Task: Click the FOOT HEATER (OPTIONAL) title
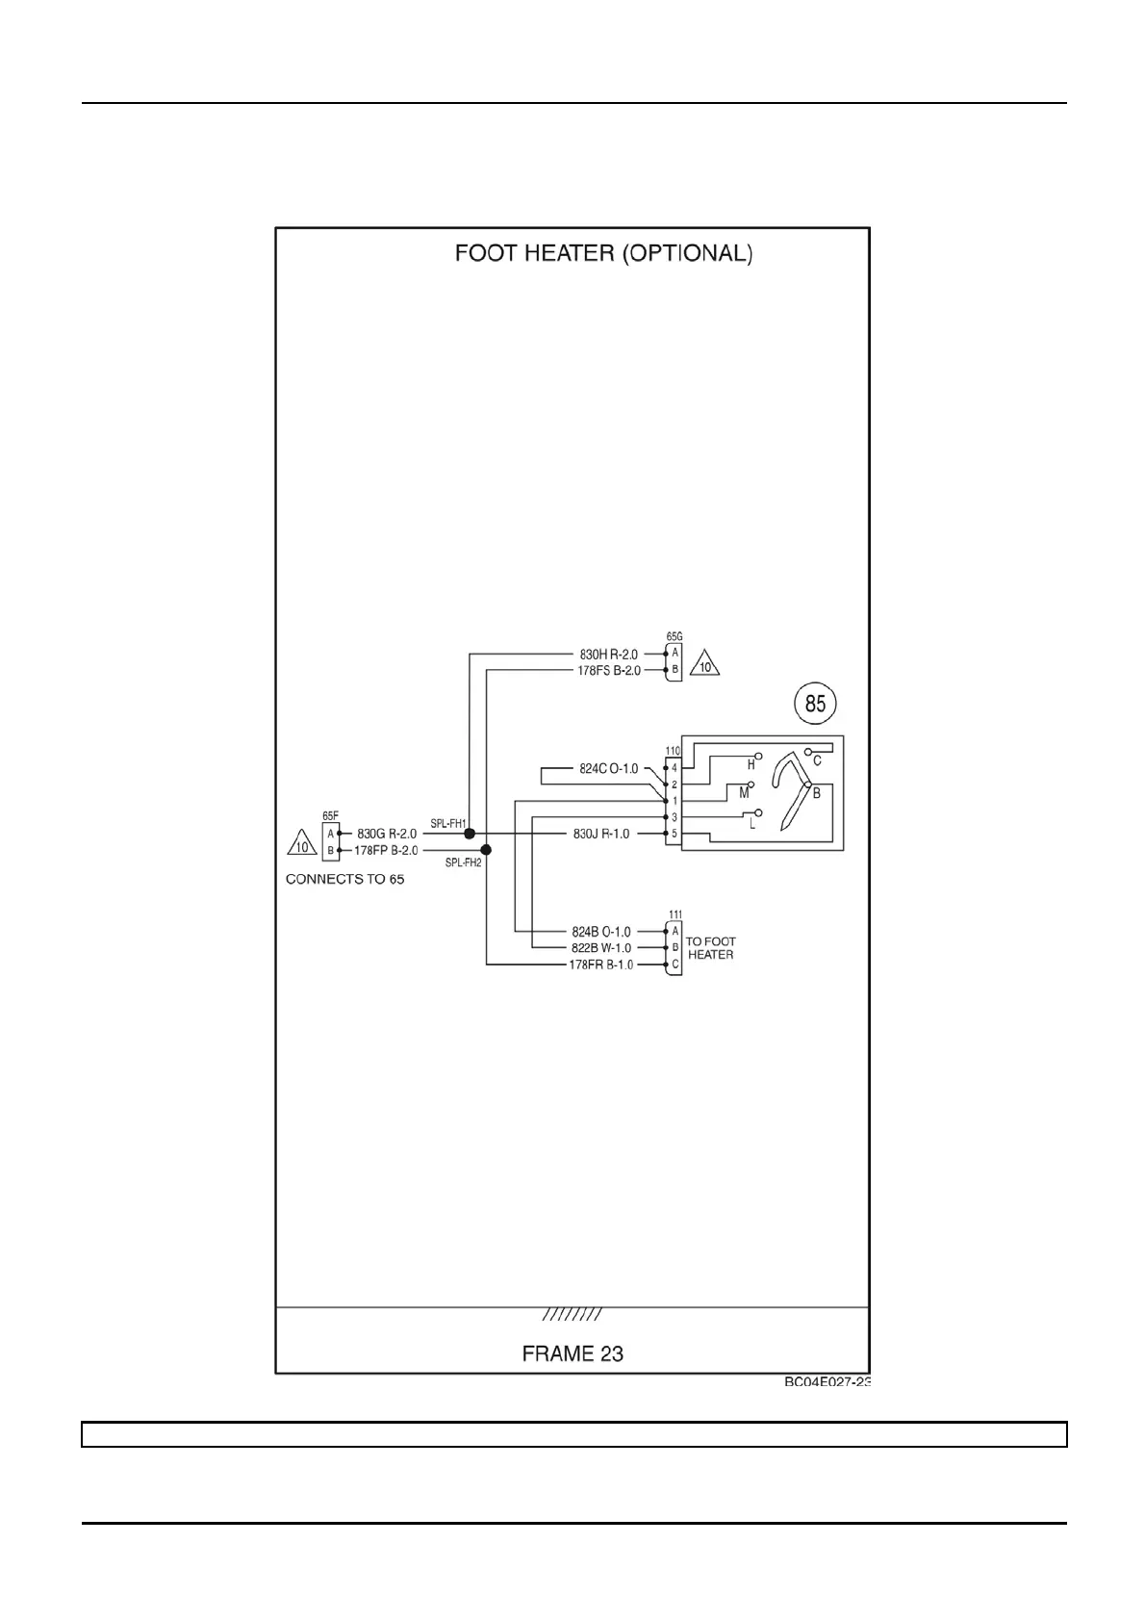point(603,253)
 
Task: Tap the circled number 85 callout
point(815,704)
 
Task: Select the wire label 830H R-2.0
point(608,655)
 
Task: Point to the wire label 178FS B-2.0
point(608,671)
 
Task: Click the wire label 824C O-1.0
point(608,769)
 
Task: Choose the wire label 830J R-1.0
point(601,834)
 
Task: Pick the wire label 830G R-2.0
point(387,834)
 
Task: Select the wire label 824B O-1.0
point(601,932)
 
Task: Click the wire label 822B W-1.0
point(601,948)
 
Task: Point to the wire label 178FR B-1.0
point(601,965)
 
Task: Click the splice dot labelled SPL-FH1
point(470,834)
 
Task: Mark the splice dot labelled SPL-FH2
point(486,850)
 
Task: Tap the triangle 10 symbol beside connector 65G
point(706,665)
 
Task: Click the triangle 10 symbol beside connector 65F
point(302,844)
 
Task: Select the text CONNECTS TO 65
point(344,880)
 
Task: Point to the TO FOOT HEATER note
point(710,948)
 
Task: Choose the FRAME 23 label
point(572,1353)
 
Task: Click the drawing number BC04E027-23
point(827,1382)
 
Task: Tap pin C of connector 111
point(675,965)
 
